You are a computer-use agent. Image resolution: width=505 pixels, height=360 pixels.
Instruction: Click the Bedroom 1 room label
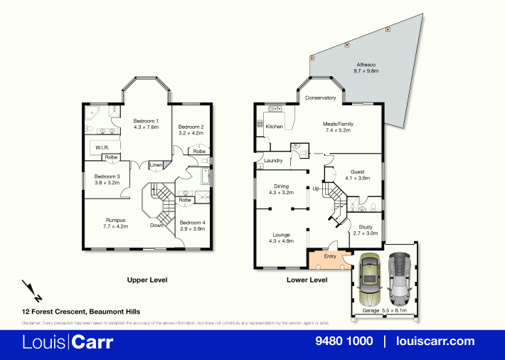(x=146, y=121)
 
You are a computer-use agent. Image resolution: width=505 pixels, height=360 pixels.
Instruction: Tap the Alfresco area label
(x=366, y=64)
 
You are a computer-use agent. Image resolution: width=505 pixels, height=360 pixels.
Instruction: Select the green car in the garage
(x=370, y=277)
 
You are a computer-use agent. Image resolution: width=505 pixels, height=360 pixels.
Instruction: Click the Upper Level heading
(x=147, y=280)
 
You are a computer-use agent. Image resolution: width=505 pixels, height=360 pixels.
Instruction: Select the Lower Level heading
(x=307, y=280)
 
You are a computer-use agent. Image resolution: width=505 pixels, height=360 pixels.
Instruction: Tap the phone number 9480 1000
(x=344, y=342)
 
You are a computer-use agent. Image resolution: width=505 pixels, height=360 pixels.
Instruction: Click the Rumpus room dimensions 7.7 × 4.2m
(x=116, y=226)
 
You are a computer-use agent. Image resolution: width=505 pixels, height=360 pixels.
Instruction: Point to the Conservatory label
(x=320, y=97)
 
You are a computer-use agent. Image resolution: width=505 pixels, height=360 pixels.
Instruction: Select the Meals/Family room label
(x=339, y=124)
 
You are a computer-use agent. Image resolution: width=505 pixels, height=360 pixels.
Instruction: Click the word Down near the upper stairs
(x=156, y=226)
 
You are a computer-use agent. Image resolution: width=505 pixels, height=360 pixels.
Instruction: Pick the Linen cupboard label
(x=155, y=166)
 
